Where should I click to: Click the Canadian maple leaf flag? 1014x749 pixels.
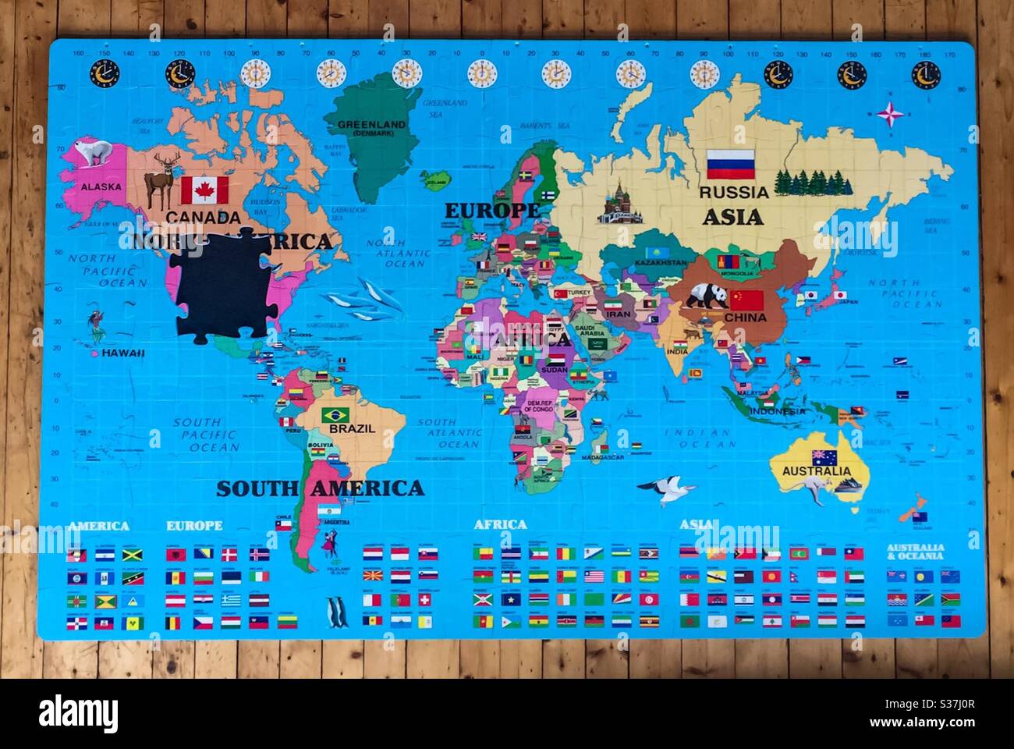point(204,190)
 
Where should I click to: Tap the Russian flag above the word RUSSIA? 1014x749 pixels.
point(731,164)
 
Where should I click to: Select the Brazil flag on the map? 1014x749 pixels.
point(335,414)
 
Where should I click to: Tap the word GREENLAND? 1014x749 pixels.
point(371,124)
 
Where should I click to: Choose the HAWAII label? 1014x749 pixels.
point(123,353)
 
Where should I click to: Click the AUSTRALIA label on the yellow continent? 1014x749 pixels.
point(817,471)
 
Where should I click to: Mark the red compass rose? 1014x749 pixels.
point(890,115)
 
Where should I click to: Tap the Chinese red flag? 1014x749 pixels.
point(746,300)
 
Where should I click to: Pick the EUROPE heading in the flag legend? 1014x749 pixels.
point(193,525)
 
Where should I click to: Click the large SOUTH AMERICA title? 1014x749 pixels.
point(320,489)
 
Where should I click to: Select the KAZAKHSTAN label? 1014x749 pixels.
point(661,264)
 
